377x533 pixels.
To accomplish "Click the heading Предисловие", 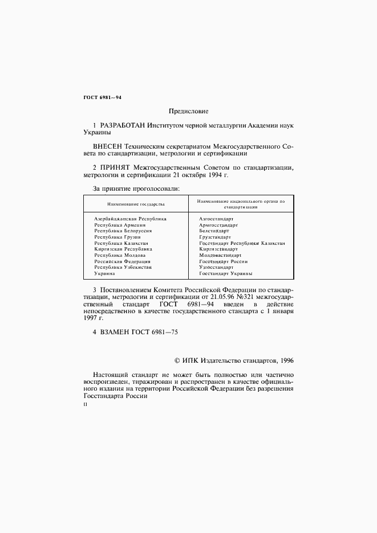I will (189, 111).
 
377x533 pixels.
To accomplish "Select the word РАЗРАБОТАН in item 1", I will (123, 124).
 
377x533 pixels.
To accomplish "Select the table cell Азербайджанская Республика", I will (130, 219).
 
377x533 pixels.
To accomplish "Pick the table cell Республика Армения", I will (119, 225).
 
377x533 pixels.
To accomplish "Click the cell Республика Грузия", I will (117, 237).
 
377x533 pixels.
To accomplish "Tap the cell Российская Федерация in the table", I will (122, 261).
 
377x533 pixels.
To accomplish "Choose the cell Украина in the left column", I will (104, 274).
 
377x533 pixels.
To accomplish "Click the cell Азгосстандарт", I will (216, 219).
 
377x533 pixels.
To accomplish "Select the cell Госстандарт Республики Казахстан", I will (242, 243).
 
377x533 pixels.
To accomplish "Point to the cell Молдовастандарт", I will (220, 255).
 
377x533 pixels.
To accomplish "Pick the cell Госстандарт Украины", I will (226, 274).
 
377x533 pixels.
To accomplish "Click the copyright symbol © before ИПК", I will (177, 360).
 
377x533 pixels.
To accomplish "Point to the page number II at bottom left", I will (86, 405).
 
